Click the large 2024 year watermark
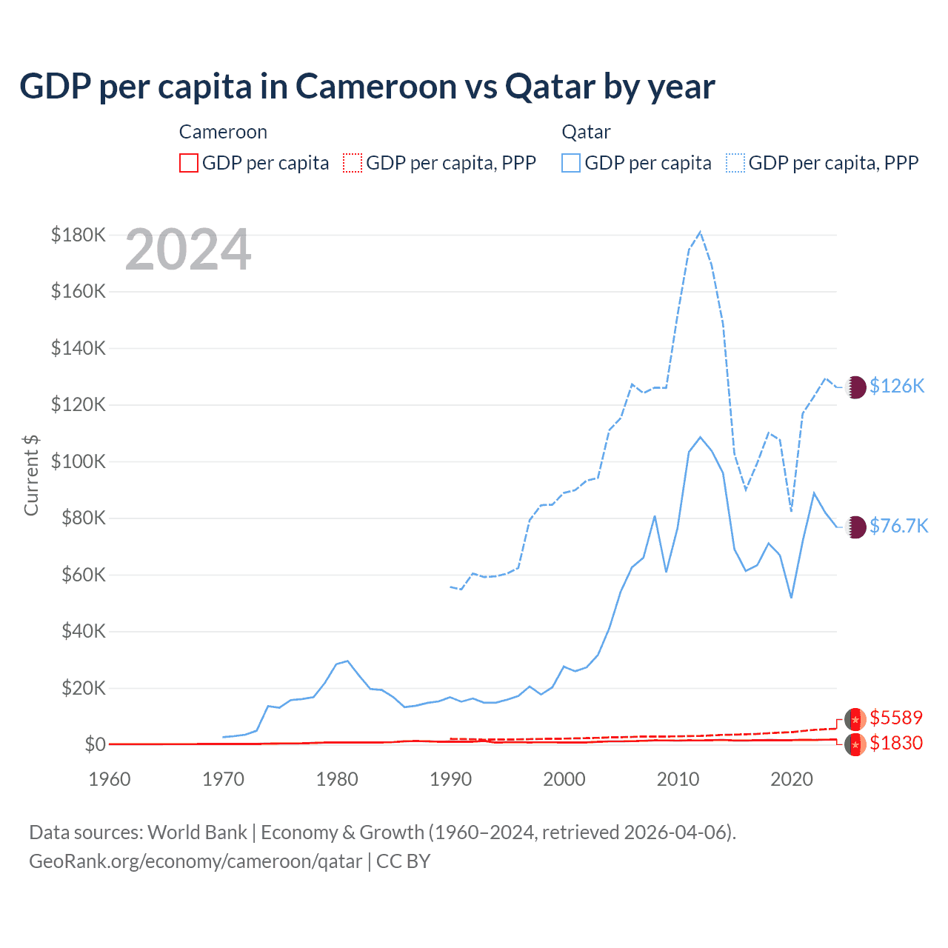pyautogui.click(x=188, y=250)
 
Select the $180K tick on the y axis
pyautogui.click(x=79, y=236)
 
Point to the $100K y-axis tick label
pyautogui.click(x=79, y=461)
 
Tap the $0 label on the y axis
pyautogui.click(x=95, y=744)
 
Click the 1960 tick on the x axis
pyautogui.click(x=110, y=779)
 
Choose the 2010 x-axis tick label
pyautogui.click(x=678, y=779)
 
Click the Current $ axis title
pyautogui.click(x=31, y=475)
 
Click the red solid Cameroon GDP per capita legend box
pyautogui.click(x=189, y=163)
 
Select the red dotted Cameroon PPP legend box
pyautogui.click(x=353, y=163)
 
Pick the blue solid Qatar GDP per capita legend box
pyautogui.click(x=571, y=163)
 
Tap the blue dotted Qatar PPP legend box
pyautogui.click(x=735, y=163)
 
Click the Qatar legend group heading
pyautogui.click(x=586, y=132)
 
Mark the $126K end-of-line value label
pyautogui.click(x=897, y=386)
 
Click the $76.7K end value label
pyautogui.click(x=898, y=526)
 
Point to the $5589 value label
pyautogui.click(x=896, y=718)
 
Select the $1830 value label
pyautogui.click(x=896, y=743)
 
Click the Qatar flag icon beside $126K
pyautogui.click(x=855, y=387)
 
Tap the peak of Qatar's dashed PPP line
pyautogui.click(x=700, y=233)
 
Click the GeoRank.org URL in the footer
pyautogui.click(x=196, y=861)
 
